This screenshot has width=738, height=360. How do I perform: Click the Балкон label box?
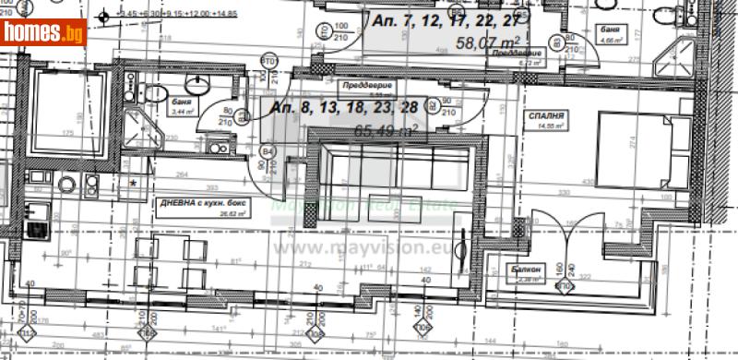tap(527, 270)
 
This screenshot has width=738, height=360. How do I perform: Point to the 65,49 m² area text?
tap(387, 131)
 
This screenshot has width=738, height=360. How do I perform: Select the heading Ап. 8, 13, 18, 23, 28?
tap(349, 107)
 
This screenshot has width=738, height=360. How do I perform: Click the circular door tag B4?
tap(269, 150)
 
